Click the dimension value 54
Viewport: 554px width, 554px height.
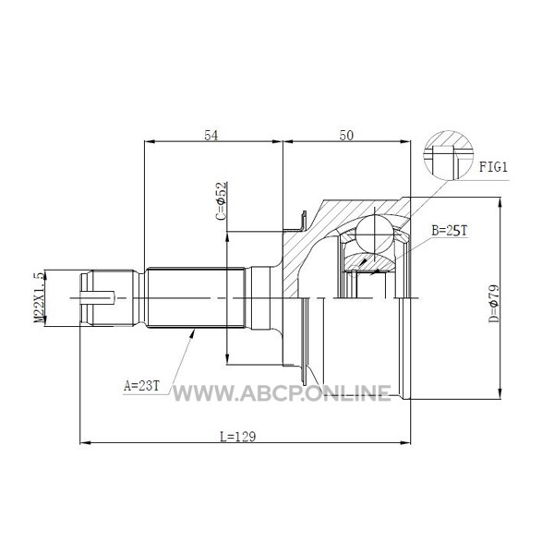[211, 135]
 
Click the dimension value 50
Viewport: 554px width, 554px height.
[346, 135]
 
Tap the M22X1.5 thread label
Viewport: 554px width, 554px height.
[38, 297]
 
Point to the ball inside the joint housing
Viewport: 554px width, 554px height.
[376, 231]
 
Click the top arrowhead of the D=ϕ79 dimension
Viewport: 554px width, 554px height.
[500, 200]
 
